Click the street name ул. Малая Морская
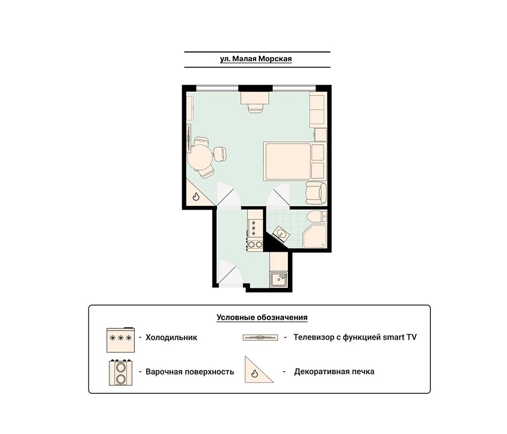(256, 59)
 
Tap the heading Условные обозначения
(262, 317)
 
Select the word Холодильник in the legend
(172, 338)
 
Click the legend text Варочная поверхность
(190, 372)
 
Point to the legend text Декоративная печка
(334, 372)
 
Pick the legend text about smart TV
(355, 338)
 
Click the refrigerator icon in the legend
(121, 340)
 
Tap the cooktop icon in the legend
(121, 372)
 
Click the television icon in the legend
(260, 338)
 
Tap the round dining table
(200, 157)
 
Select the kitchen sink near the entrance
(279, 279)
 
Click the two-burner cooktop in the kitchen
(255, 244)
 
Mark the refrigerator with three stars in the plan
(255, 228)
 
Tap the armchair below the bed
(316, 193)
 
